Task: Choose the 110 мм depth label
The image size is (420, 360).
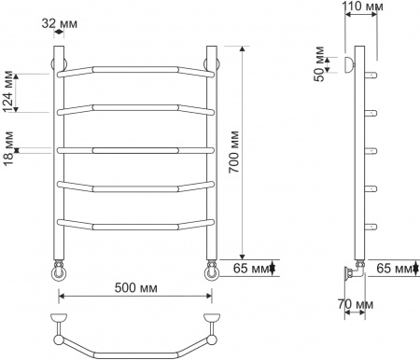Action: coord(361,8)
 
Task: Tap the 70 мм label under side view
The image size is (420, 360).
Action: coord(357,305)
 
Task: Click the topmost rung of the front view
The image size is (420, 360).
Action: coord(134,70)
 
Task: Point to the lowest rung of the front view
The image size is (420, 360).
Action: coord(134,224)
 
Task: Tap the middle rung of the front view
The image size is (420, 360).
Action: coord(134,147)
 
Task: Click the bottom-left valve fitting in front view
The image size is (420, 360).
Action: coord(59,271)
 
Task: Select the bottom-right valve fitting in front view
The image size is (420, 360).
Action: coord(212,271)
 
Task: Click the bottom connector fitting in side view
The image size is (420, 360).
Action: coord(353,272)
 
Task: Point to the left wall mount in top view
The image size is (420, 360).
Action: coord(58,321)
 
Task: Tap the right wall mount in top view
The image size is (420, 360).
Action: coord(213,321)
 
